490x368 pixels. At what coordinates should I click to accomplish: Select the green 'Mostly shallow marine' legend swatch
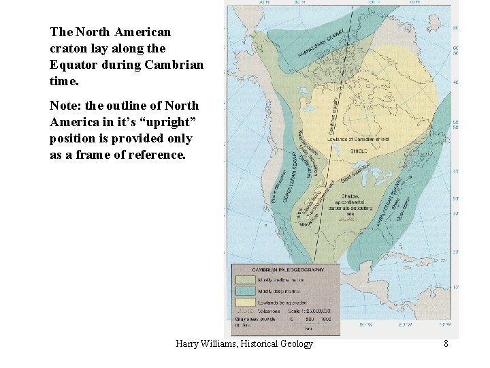coord(243,279)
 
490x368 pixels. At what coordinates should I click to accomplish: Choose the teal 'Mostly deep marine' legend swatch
coord(243,290)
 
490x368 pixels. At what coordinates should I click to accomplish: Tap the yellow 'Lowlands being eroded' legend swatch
coord(243,302)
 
